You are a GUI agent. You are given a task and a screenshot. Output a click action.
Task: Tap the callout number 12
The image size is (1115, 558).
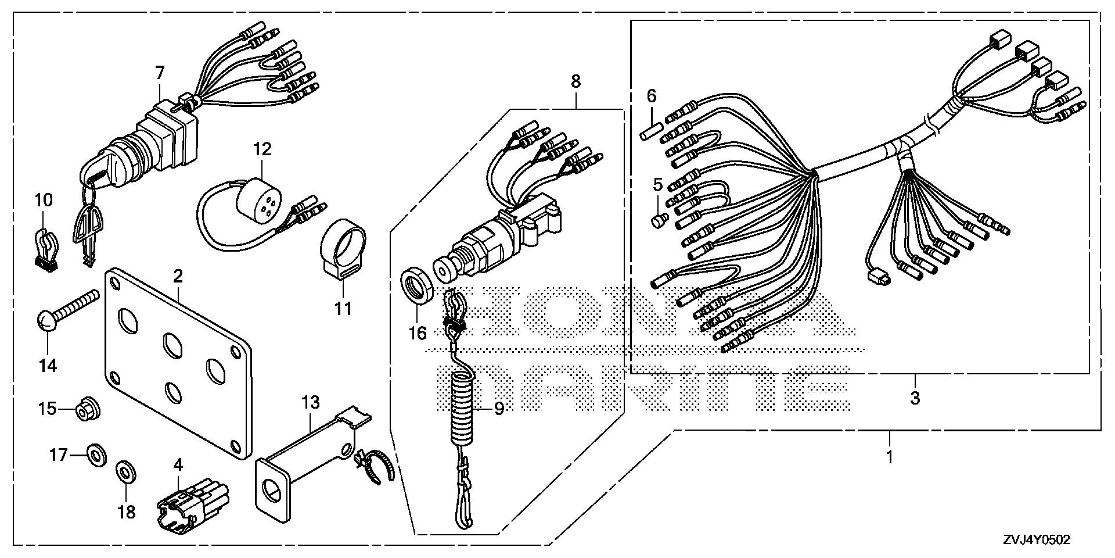(262, 149)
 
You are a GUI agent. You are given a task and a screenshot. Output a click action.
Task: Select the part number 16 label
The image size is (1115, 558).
(418, 333)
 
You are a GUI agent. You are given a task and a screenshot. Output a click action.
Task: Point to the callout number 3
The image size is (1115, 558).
(915, 399)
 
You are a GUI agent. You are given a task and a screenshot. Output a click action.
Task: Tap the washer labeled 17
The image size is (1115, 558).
(96, 453)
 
